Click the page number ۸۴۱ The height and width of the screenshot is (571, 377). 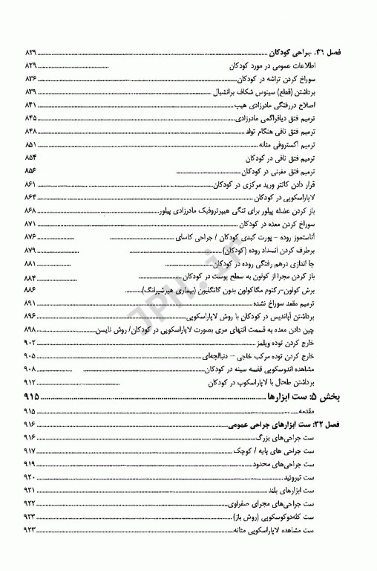pyautogui.click(x=32, y=105)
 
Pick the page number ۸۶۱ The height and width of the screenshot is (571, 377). pyautogui.click(x=32, y=184)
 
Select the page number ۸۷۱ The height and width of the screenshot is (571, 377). pyautogui.click(x=32, y=223)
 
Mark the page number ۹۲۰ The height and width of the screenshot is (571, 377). pyautogui.click(x=32, y=477)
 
